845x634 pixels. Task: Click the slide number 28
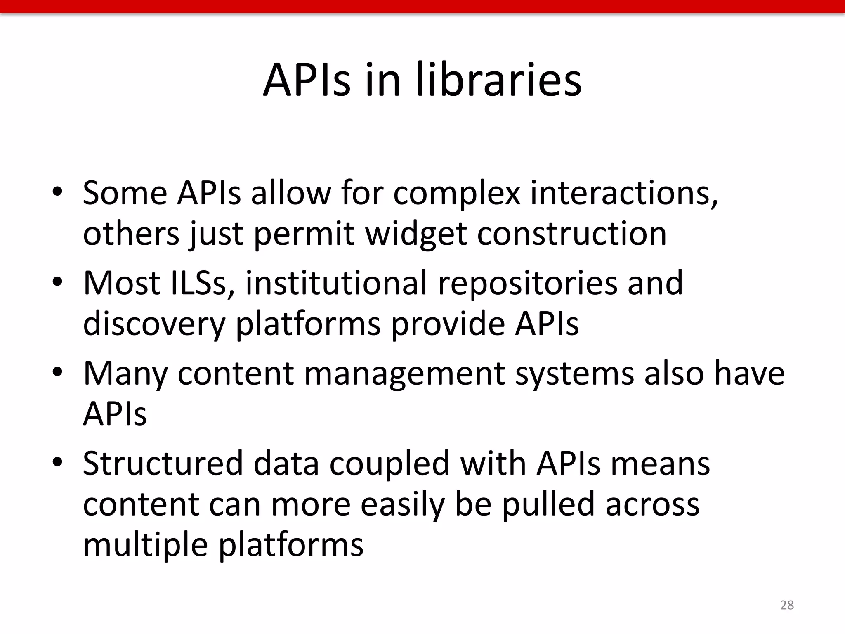click(x=787, y=605)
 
